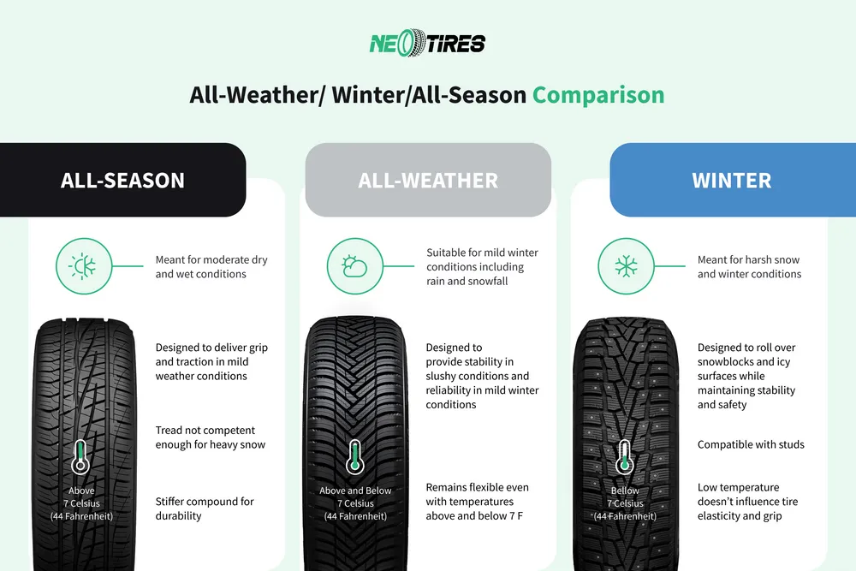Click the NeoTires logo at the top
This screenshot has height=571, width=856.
pyautogui.click(x=427, y=42)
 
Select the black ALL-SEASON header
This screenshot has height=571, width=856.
pyautogui.click(x=122, y=181)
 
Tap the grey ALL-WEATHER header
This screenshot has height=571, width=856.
pyautogui.click(x=428, y=181)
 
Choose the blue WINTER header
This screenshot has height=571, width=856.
pyautogui.click(x=732, y=181)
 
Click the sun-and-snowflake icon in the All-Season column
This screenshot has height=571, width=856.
pyautogui.click(x=84, y=266)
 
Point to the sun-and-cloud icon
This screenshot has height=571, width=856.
pyautogui.click(x=354, y=266)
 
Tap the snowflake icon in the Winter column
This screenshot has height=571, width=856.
pyautogui.click(x=626, y=266)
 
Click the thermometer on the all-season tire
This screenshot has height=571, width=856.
pyautogui.click(x=80, y=457)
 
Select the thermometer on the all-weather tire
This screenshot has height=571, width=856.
pyautogui.click(x=355, y=457)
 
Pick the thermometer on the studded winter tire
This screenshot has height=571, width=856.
pyautogui.click(x=625, y=457)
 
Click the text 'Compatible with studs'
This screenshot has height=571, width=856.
pyautogui.click(x=751, y=444)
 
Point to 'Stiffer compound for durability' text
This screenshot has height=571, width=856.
pyautogui.click(x=205, y=509)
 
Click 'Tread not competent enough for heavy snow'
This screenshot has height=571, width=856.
pyautogui.click(x=210, y=437)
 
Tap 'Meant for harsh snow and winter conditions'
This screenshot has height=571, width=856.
pyautogui.click(x=749, y=266)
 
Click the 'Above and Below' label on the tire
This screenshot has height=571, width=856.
pyautogui.click(x=355, y=491)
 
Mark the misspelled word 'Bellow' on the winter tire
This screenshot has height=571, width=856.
pyautogui.click(x=625, y=491)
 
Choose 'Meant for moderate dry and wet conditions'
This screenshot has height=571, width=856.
pyautogui.click(x=211, y=266)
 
